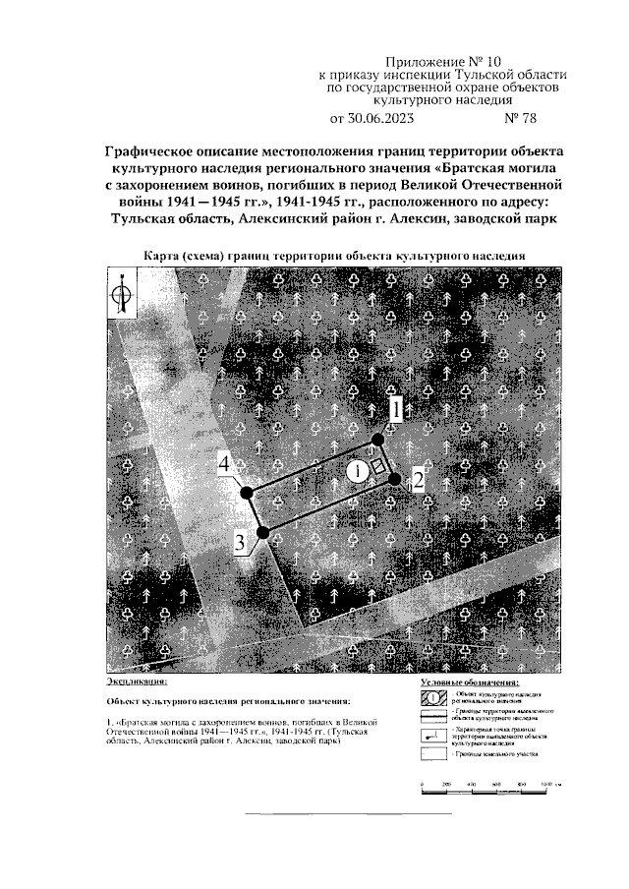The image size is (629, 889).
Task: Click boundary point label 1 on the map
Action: coord(393,409)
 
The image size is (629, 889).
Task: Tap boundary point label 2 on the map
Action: coord(417,480)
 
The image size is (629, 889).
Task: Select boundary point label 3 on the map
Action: coord(240,542)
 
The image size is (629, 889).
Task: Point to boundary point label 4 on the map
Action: coord(226,463)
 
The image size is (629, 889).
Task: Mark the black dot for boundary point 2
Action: coord(394,479)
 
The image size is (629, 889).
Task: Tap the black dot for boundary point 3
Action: coord(262,532)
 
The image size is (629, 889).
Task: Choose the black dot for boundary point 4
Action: coord(247,492)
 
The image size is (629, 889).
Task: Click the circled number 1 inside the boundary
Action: coord(359,471)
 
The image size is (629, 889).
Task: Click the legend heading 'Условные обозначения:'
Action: coord(470,681)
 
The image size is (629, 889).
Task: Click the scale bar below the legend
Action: coord(488,784)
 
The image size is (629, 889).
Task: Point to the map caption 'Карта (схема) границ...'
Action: coord(333,255)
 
